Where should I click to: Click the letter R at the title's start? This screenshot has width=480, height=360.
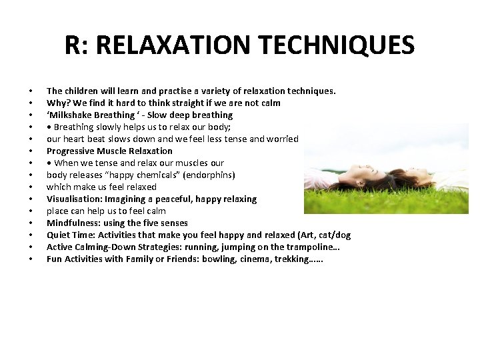point(73,45)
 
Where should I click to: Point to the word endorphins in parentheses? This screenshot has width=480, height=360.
point(210,175)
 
